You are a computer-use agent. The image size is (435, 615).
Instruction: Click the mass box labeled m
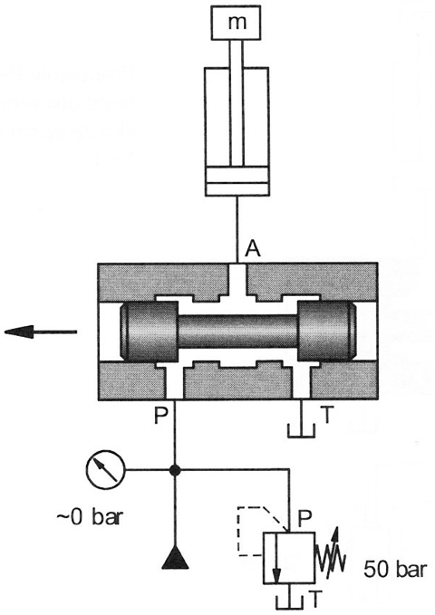point(236,23)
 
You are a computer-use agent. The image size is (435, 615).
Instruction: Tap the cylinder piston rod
point(237,103)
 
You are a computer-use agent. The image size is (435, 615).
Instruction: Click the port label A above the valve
point(252,249)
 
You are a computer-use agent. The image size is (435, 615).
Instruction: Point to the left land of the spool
point(149,332)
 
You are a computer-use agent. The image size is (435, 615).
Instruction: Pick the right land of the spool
point(326,332)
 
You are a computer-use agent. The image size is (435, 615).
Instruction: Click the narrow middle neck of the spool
point(237,332)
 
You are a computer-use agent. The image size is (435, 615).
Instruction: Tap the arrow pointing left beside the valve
point(41,332)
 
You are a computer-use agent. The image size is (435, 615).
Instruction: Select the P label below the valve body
point(160,416)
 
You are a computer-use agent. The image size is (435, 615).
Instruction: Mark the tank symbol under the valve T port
point(302,430)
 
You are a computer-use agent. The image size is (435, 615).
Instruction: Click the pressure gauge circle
point(105,469)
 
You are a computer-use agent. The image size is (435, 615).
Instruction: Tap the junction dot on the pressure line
point(175,469)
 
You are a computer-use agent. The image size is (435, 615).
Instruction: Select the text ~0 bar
point(90,517)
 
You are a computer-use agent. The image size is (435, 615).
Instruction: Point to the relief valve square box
point(289,557)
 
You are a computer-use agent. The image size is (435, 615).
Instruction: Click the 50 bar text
point(394,570)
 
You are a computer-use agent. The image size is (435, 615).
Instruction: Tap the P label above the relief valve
point(304,518)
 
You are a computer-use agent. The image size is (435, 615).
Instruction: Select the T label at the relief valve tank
point(314,599)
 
